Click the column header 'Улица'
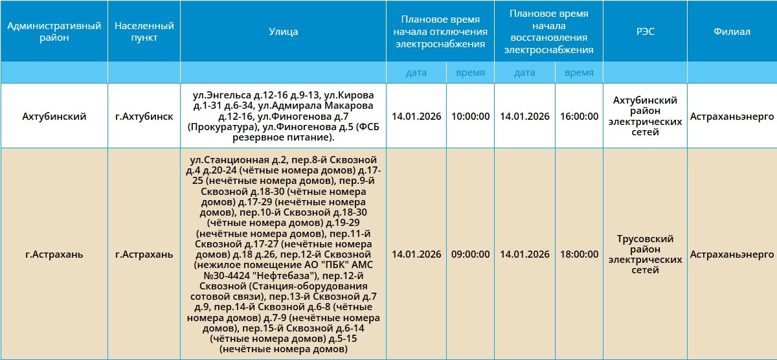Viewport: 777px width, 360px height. click(x=283, y=32)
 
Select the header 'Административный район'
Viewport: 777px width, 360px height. click(x=54, y=32)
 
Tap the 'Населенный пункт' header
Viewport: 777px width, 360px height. click(x=144, y=32)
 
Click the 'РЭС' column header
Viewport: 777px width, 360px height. click(x=645, y=32)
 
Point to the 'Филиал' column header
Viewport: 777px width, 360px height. click(x=732, y=32)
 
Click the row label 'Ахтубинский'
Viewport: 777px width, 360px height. click(x=54, y=117)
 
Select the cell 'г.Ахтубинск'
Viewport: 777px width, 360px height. click(x=144, y=117)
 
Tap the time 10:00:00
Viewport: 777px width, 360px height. click(x=470, y=117)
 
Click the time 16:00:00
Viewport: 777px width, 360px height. click(x=579, y=117)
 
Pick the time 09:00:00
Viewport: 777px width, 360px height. click(x=470, y=254)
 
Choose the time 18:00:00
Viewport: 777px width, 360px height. click(x=579, y=254)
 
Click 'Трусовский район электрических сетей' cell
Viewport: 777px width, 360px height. click(x=645, y=254)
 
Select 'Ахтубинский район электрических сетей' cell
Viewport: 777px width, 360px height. click(x=645, y=117)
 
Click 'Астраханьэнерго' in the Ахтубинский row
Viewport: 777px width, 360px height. click(x=732, y=117)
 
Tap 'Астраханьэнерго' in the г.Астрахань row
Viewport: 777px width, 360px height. click(x=732, y=254)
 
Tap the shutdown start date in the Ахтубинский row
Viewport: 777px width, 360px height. click(x=416, y=117)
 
